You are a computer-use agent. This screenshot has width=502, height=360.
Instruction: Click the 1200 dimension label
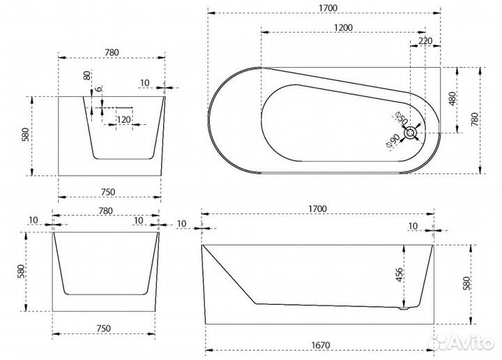[x=343, y=27]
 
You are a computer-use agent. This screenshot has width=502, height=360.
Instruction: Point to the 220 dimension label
[x=425, y=41]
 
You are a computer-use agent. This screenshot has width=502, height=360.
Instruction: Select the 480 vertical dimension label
[x=452, y=99]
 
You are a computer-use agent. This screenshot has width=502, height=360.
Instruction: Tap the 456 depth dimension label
[x=400, y=275]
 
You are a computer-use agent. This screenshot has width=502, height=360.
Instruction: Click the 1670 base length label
[x=321, y=345]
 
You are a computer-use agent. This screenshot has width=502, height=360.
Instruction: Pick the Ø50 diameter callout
[x=401, y=118]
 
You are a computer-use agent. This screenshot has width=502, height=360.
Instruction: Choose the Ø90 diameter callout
[x=393, y=141]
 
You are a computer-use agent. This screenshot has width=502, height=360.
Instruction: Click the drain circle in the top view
[x=411, y=133]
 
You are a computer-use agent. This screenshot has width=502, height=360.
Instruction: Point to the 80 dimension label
[x=87, y=75]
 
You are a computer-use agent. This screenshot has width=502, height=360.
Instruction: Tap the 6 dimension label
[x=99, y=89]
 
